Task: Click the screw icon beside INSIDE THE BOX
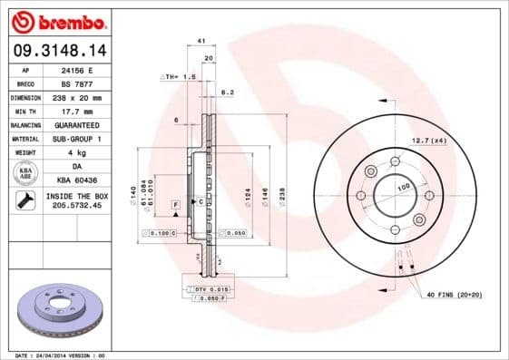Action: tap(25, 201)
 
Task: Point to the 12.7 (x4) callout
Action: tap(428, 140)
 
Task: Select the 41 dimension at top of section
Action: tap(201, 42)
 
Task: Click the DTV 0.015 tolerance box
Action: tap(203, 287)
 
